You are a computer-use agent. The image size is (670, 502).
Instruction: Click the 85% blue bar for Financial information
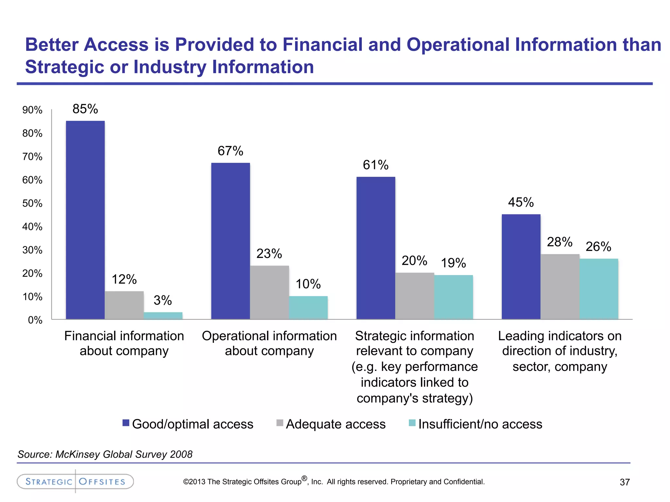click(85, 220)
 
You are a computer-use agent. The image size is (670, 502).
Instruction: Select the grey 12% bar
click(124, 305)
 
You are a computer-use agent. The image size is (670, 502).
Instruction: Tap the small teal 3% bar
click(163, 315)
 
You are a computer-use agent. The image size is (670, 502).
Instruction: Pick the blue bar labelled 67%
click(230, 241)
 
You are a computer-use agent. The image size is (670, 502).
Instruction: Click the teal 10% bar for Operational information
click(308, 308)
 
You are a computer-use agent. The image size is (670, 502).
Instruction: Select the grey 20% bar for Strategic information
click(414, 296)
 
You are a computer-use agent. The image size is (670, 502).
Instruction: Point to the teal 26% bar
click(599, 289)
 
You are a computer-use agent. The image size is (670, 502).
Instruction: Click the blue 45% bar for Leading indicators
click(521, 266)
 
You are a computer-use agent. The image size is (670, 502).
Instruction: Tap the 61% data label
click(376, 165)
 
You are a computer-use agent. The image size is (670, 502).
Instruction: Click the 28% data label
click(559, 242)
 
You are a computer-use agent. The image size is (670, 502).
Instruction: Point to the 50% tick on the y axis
click(32, 203)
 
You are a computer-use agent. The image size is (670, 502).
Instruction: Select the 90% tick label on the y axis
click(32, 110)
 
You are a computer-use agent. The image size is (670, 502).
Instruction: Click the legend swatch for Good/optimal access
click(126, 423)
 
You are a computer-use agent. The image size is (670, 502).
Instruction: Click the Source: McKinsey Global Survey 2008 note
click(105, 454)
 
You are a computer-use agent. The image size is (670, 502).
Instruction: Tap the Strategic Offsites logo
click(75, 481)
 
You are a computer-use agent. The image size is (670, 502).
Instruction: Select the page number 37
click(625, 482)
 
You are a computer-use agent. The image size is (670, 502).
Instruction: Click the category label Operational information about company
click(269, 343)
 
